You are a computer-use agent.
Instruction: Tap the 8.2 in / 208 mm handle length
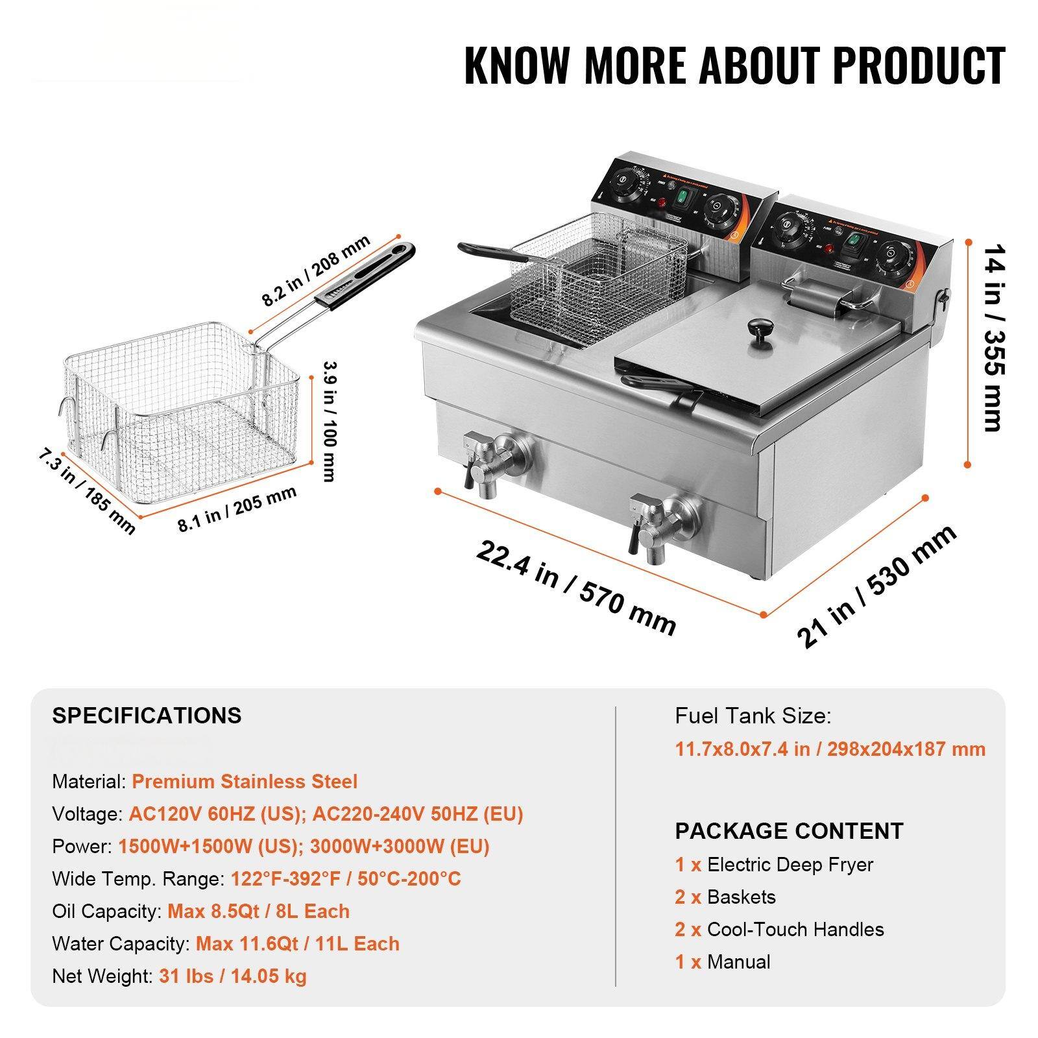click(x=316, y=270)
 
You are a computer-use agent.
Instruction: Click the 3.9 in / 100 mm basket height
click(x=329, y=421)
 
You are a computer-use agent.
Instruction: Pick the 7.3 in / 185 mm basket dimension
click(x=86, y=492)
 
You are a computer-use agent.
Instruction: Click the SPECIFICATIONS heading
click(x=147, y=716)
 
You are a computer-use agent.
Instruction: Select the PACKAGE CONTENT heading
click(x=789, y=831)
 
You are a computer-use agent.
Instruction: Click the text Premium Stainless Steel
click(x=245, y=781)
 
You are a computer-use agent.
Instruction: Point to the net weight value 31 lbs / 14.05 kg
click(x=233, y=976)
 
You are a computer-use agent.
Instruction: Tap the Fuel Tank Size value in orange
click(x=830, y=749)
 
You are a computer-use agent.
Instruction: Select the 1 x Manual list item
click(x=723, y=961)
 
